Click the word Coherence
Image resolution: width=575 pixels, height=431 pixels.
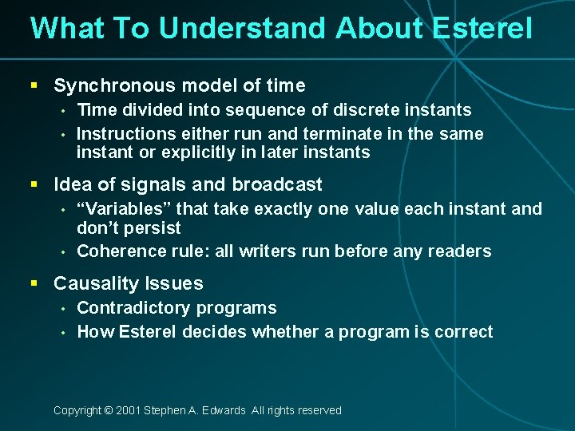(x=120, y=251)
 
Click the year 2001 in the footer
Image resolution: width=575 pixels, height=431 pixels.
(x=127, y=410)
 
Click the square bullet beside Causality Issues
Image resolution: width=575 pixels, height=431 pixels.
(x=34, y=283)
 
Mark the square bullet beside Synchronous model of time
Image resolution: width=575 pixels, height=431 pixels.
(x=34, y=85)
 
